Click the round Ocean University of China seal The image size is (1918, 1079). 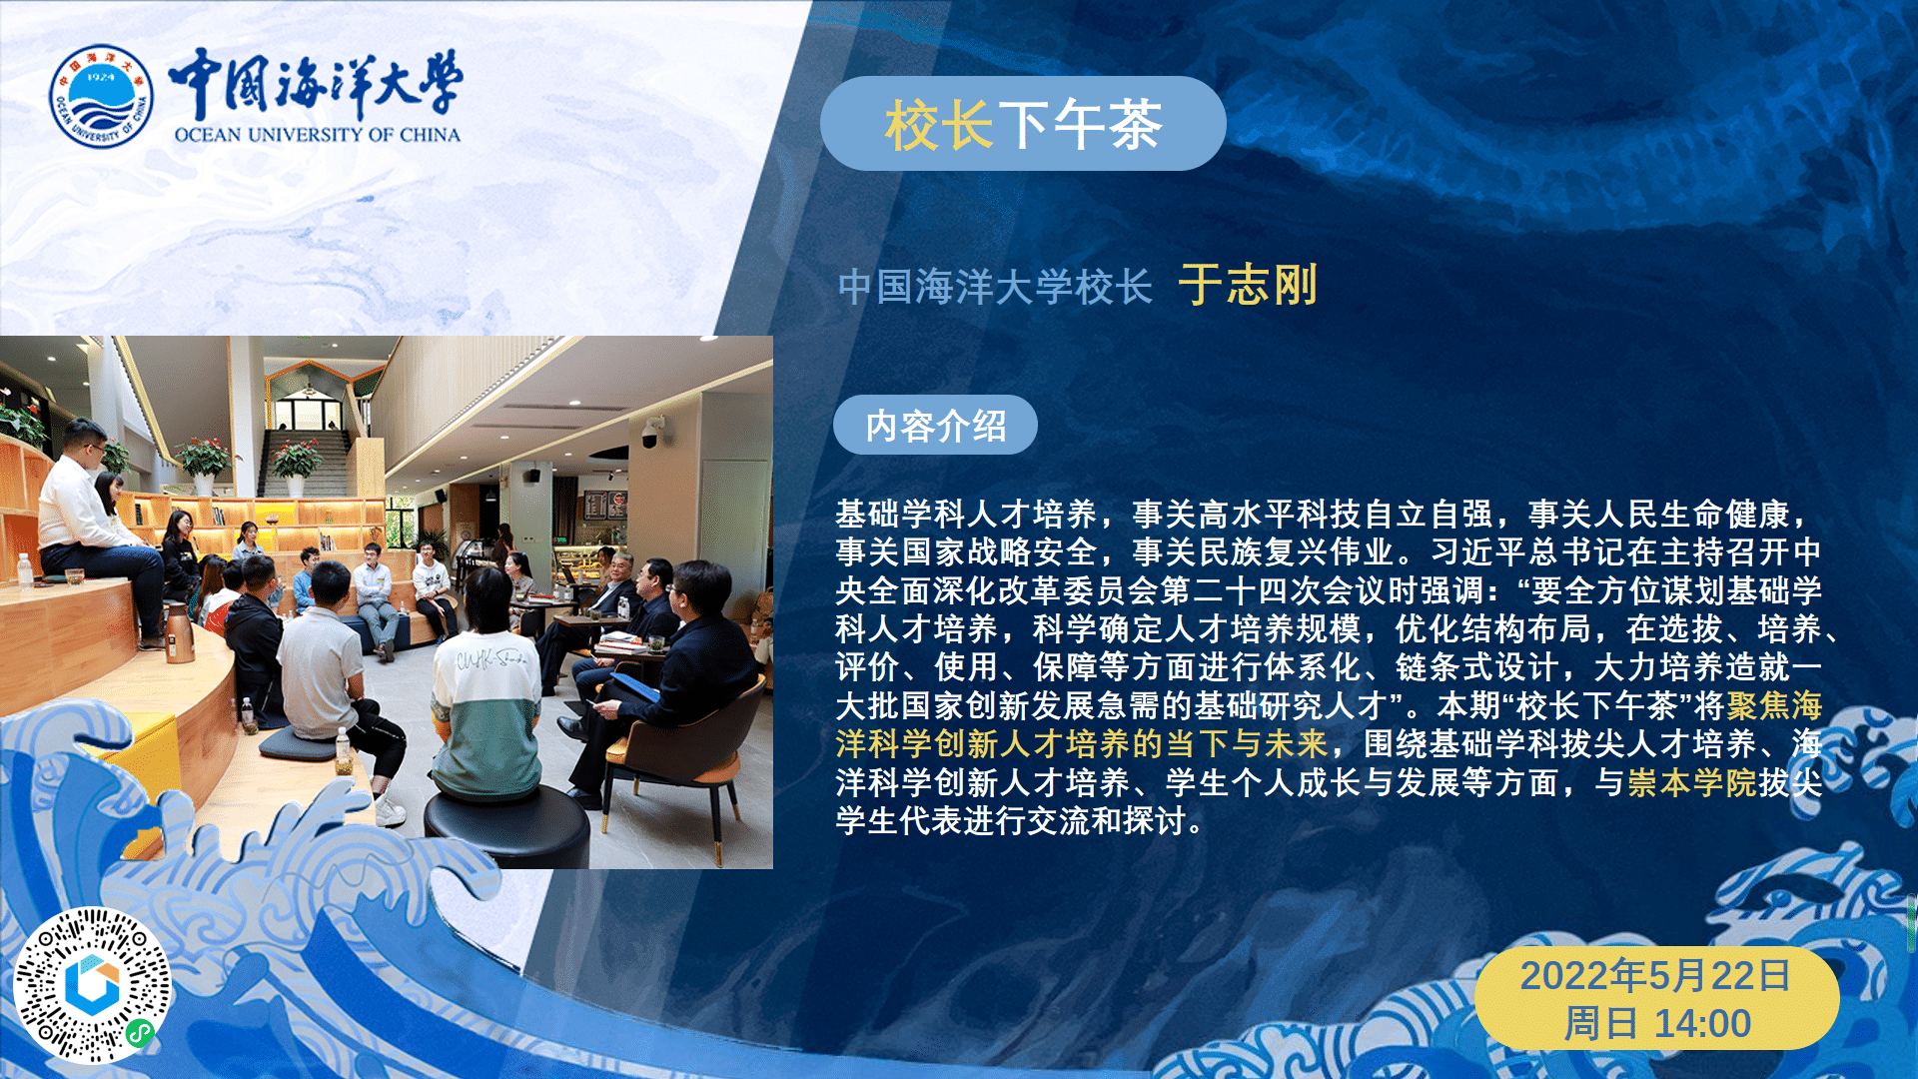click(x=101, y=96)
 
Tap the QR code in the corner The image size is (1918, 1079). click(x=92, y=985)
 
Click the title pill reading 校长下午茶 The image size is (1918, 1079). click(x=1023, y=124)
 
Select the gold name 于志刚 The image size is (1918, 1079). click(x=1248, y=285)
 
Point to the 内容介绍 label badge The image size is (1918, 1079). click(x=935, y=426)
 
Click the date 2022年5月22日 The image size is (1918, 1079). click(x=1656, y=975)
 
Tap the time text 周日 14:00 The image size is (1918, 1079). click(x=1657, y=1023)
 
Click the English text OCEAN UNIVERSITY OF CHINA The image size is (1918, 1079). click(x=317, y=135)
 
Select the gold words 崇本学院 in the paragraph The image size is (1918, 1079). click(x=1691, y=782)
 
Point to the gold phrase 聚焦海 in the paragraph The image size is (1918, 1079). click(x=1774, y=705)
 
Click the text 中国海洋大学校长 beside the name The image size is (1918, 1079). click(x=995, y=287)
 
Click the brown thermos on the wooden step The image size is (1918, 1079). click(x=180, y=632)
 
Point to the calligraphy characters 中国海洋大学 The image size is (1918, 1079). click(x=315, y=83)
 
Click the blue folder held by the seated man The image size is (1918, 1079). click(x=633, y=686)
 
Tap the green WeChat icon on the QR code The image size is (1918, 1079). click(x=140, y=1033)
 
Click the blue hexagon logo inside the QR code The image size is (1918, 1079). click(x=92, y=984)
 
